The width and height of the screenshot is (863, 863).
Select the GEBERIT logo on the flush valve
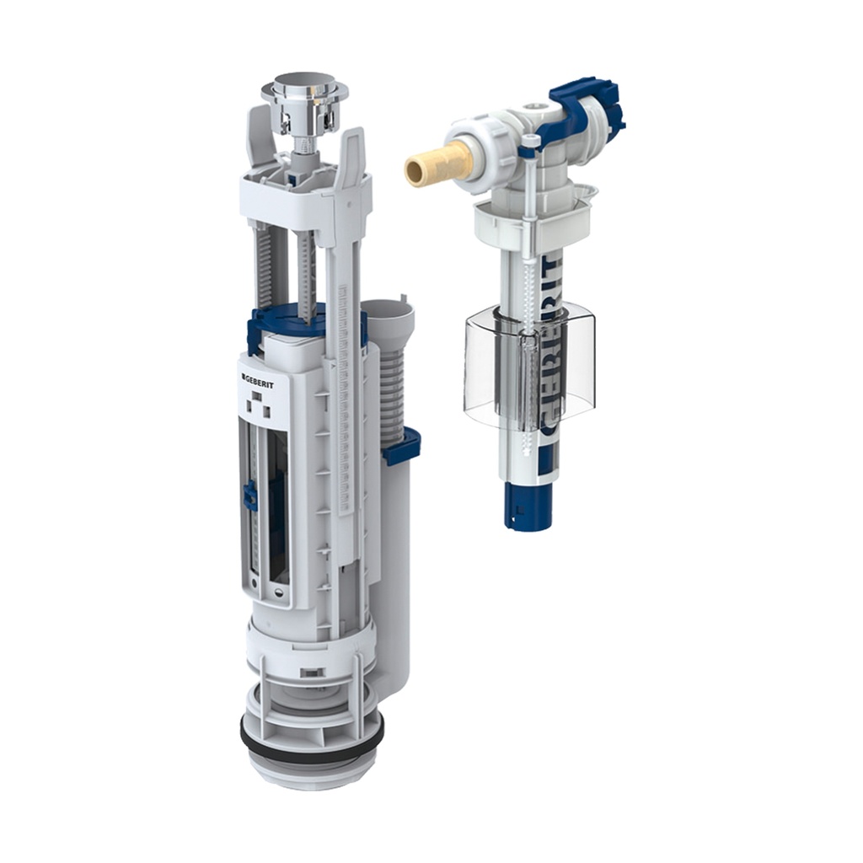click(263, 376)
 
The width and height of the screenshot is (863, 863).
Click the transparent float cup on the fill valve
click(529, 371)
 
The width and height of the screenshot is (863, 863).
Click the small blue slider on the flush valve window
click(250, 496)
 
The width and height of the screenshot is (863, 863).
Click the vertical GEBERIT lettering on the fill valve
click(549, 354)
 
